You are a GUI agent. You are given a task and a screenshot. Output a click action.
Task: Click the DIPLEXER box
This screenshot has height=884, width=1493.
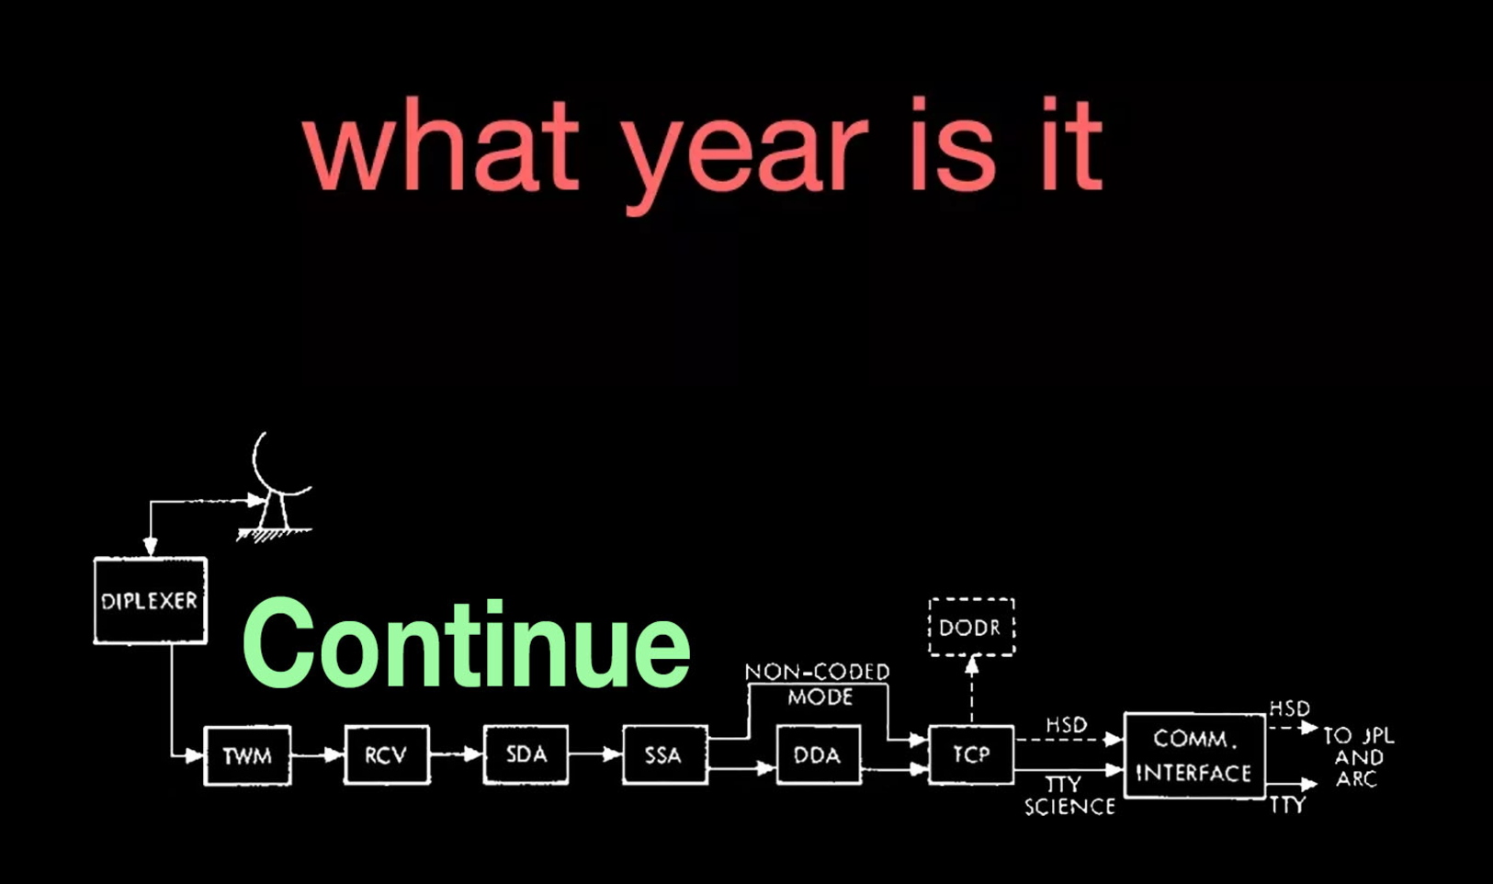(x=150, y=601)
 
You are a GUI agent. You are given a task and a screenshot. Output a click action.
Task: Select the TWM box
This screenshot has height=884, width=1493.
(x=247, y=755)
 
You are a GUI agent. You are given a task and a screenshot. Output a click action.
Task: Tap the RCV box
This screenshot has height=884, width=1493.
(x=387, y=754)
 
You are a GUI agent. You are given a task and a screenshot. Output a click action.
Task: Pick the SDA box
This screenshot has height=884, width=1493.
(x=526, y=754)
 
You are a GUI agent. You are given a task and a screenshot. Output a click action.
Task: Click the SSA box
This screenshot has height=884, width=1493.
(x=664, y=754)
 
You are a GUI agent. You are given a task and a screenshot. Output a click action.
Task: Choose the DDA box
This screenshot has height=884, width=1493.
(x=819, y=754)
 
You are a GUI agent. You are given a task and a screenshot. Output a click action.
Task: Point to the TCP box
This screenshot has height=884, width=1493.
(x=971, y=754)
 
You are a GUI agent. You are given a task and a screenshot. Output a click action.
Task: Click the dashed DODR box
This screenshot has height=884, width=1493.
(x=971, y=628)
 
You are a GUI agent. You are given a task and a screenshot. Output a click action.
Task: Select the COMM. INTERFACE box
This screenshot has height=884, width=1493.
(x=1194, y=755)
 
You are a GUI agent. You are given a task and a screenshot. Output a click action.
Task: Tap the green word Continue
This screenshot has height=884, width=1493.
(x=466, y=644)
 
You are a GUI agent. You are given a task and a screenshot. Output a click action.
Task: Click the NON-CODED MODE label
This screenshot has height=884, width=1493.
(x=818, y=684)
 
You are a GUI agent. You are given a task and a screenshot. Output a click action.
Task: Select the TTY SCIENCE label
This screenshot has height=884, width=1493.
(x=1069, y=796)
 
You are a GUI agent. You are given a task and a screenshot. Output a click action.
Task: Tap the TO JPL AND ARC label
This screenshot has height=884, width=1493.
(x=1358, y=757)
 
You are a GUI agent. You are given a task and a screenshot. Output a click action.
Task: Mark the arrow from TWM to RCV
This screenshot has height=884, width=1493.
(x=317, y=755)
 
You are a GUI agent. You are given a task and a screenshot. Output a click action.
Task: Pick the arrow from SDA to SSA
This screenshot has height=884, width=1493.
(x=595, y=754)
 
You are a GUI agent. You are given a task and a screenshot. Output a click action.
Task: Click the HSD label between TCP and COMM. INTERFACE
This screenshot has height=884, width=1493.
(x=1067, y=725)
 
